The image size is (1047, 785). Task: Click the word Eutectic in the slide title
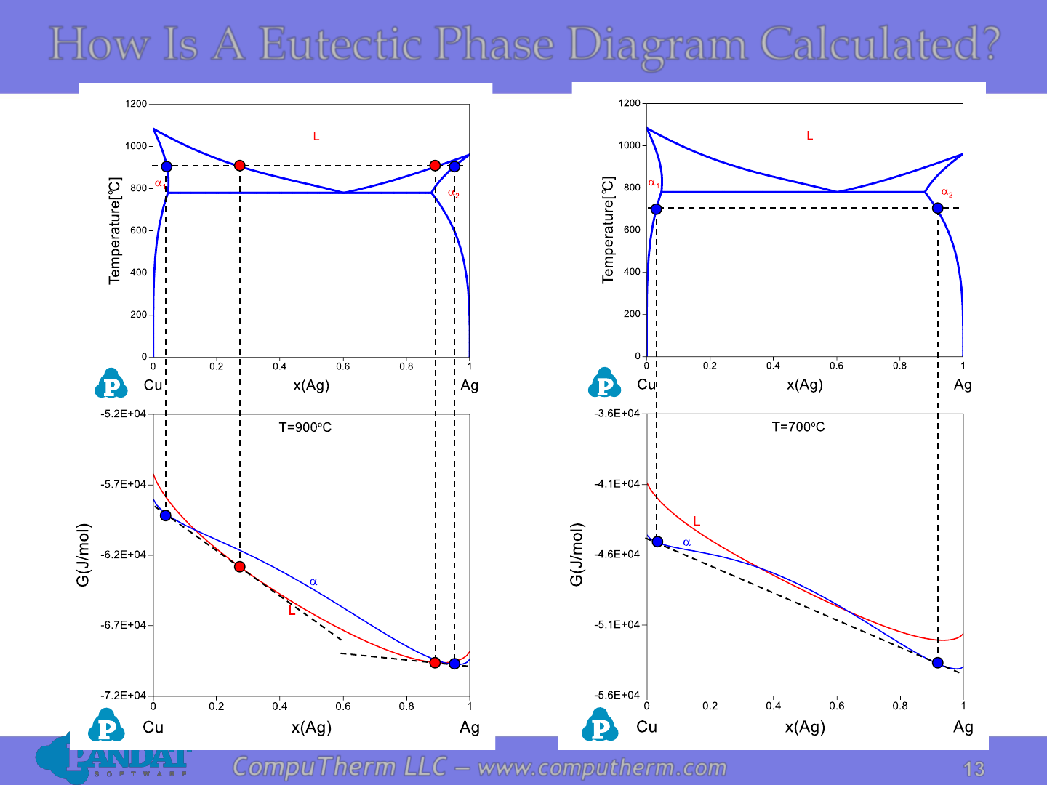340,44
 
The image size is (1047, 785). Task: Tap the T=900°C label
305,427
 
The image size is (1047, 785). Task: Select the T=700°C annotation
798,427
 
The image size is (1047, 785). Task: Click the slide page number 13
974,769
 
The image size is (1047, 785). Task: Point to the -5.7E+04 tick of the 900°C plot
123,484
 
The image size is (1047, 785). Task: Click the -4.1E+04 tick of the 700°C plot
617,484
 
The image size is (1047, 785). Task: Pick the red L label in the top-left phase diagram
316,137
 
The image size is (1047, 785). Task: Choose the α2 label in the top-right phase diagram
947,193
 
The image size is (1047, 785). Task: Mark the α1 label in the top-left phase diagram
160,183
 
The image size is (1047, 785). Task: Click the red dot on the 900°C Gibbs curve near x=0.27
239,567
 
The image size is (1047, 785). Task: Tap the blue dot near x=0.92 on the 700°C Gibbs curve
937,662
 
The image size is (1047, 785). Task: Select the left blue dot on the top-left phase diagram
166,166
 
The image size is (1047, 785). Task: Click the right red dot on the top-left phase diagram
435,166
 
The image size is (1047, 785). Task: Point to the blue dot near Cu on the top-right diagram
656,209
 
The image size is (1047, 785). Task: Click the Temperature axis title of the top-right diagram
608,230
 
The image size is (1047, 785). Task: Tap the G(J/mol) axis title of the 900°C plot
82,555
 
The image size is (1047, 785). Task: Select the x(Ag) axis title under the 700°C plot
805,727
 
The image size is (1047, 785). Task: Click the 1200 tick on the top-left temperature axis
136,103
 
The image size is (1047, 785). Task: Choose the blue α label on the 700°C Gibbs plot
686,542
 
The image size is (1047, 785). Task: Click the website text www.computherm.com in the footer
602,768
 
